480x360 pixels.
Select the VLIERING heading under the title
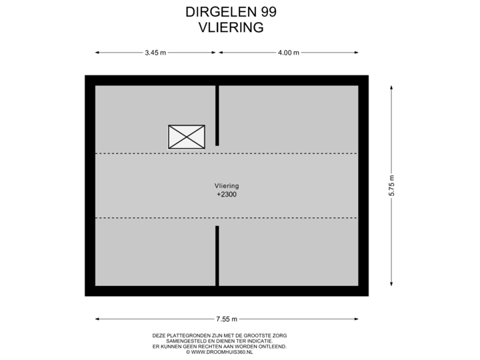(231, 27)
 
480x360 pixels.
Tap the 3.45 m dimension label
(155, 53)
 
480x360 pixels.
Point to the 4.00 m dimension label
(289, 53)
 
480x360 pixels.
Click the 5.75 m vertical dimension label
(391, 185)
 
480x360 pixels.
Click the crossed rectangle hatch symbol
(186, 136)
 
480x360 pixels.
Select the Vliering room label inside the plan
(227, 186)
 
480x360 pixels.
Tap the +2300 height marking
(227, 195)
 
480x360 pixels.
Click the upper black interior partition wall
(217, 115)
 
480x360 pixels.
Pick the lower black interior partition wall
(217, 255)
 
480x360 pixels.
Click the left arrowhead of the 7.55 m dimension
(97, 319)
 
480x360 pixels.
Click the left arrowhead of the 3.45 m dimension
(97, 53)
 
